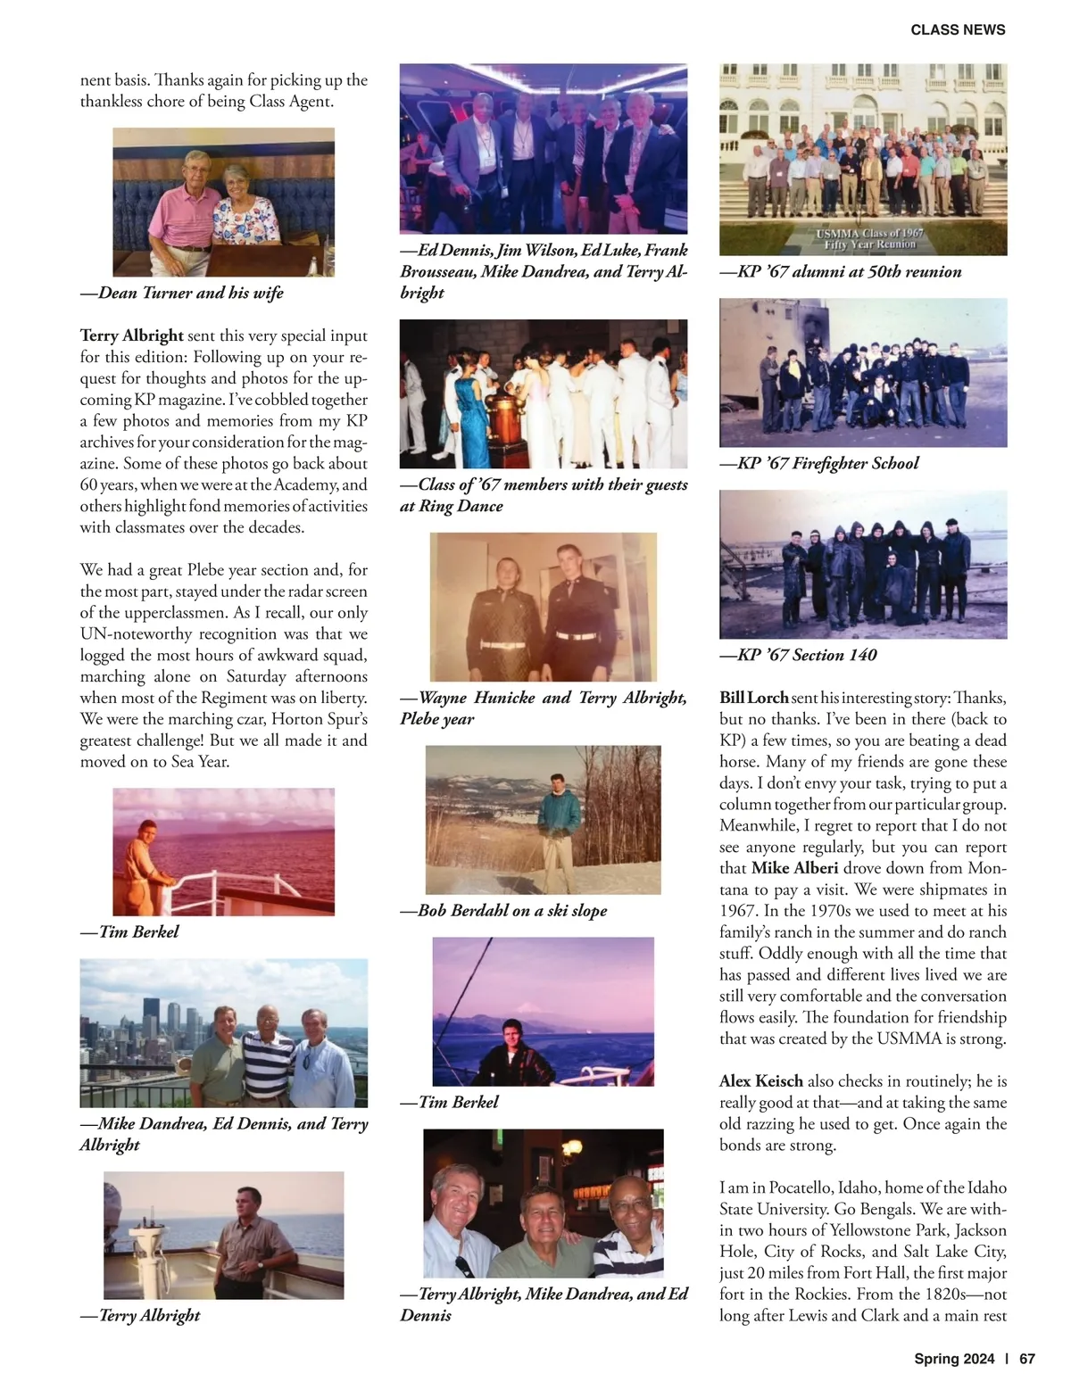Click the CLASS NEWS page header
click(958, 29)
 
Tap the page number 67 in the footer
click(1026, 1359)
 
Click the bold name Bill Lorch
click(753, 698)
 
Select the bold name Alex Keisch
click(760, 1081)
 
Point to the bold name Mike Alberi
click(794, 868)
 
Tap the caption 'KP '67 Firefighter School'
click(819, 463)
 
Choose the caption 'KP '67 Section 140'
click(799, 655)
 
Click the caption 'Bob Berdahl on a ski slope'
click(503, 911)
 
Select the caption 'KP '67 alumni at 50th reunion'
click(841, 271)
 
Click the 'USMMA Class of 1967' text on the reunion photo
click(870, 233)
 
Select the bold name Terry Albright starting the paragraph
click(132, 335)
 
